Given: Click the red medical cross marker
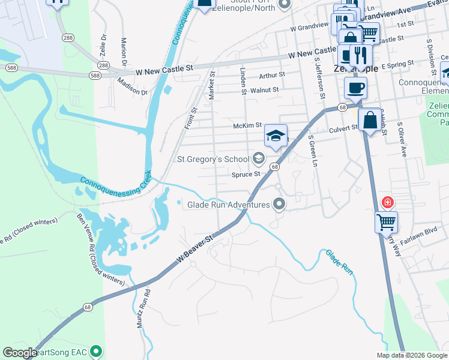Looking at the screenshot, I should pos(388,202).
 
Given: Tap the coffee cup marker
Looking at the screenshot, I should pos(355,88).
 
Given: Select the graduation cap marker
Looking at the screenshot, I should pos(276,136).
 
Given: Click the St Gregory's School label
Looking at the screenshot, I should pos(212,159).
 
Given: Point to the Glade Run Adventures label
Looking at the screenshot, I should pos(228,205).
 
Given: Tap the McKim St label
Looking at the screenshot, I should pos(247,126).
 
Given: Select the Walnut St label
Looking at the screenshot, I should pos(264,90).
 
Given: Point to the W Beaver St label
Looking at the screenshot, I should pos(195,248).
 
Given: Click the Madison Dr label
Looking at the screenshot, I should pos(133,87).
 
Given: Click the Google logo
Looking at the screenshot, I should pos(19,353).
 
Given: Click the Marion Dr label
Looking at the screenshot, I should pos(124,53).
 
